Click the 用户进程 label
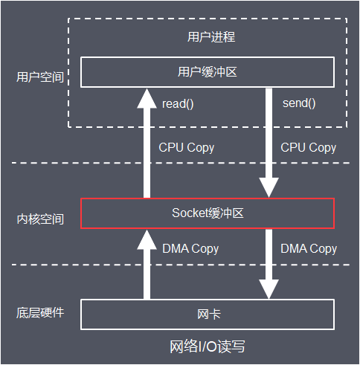pyautogui.click(x=207, y=36)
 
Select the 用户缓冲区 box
pyautogui.click(x=207, y=72)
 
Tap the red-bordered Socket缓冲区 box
pyautogui.click(x=207, y=213)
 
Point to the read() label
pyautogui.click(x=178, y=103)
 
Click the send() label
pyautogui.click(x=299, y=103)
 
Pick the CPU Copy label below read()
pyautogui.click(x=186, y=147)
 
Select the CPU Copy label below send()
pyautogui.click(x=308, y=147)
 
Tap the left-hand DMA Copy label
pyautogui.click(x=190, y=249)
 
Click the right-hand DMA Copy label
pyautogui.click(x=309, y=248)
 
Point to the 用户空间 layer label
pyautogui.click(x=40, y=76)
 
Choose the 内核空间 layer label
pyautogui.click(x=40, y=219)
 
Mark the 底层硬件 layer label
pyautogui.click(x=40, y=311)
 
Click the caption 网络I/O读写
pyautogui.click(x=207, y=347)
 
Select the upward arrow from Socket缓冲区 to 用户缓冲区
pyautogui.click(x=146, y=141)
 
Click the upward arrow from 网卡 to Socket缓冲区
pyautogui.click(x=146, y=264)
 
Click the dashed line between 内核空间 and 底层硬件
pyautogui.click(x=45, y=265)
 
